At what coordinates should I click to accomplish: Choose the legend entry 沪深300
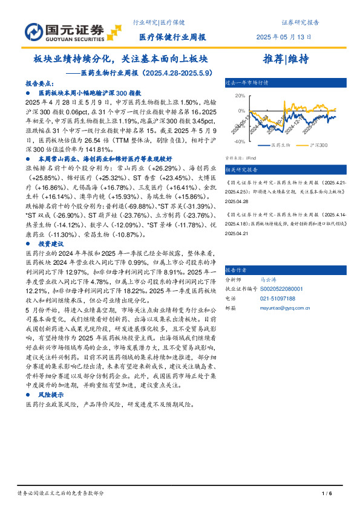click(318, 146)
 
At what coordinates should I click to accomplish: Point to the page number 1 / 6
click(327, 493)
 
